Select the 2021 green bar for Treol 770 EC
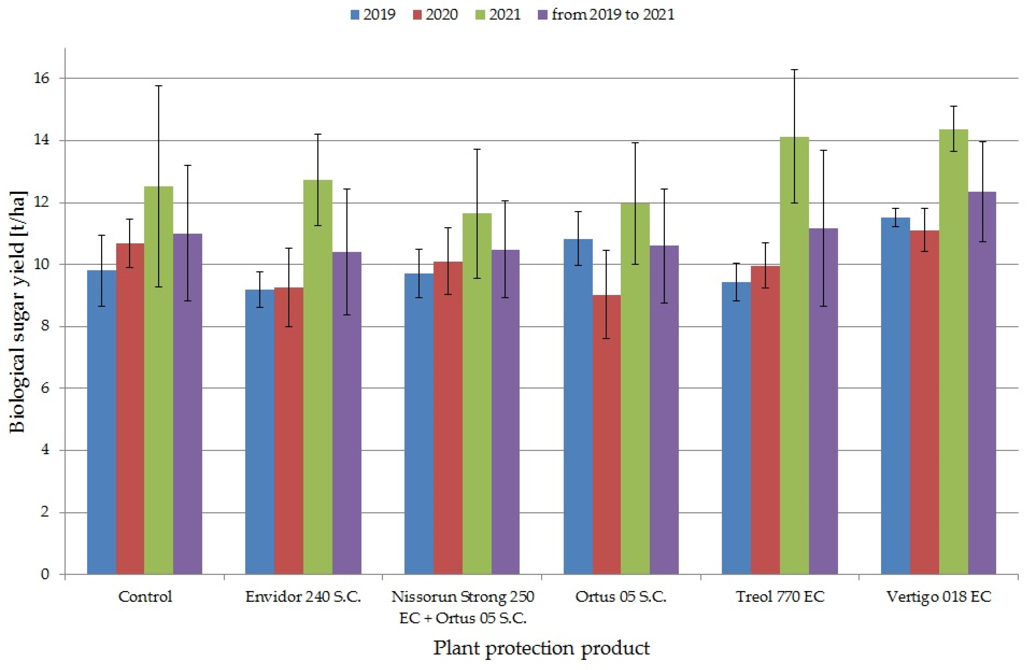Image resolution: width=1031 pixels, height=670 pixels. [x=794, y=356]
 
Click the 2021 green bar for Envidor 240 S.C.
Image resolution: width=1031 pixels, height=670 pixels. [x=318, y=377]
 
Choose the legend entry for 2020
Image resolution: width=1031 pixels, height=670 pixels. [x=435, y=14]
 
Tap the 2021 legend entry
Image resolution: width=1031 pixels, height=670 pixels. [x=498, y=14]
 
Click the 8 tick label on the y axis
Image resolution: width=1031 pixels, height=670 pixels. [x=45, y=326]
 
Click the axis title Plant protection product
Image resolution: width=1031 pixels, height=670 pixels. [x=542, y=648]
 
